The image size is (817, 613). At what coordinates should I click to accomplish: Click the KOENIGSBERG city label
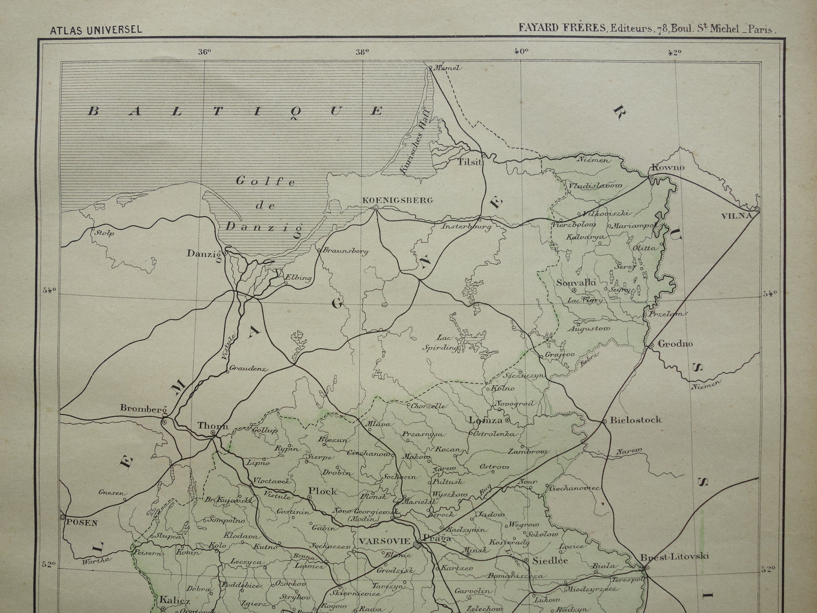397,200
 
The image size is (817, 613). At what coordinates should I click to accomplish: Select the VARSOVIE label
384,541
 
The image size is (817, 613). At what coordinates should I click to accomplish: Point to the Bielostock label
635,419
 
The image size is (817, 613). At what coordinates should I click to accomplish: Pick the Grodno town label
675,344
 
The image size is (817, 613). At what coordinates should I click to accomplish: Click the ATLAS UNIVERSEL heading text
96,30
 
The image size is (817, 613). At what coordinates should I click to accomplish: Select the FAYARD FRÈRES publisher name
562,28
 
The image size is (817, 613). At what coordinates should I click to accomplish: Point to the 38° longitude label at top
362,52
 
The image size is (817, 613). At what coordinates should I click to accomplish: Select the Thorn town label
212,425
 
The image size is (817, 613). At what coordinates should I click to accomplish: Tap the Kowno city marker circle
651,178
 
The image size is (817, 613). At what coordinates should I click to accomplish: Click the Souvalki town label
576,282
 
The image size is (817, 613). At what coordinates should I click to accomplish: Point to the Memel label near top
447,68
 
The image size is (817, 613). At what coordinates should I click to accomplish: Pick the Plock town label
322,491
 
